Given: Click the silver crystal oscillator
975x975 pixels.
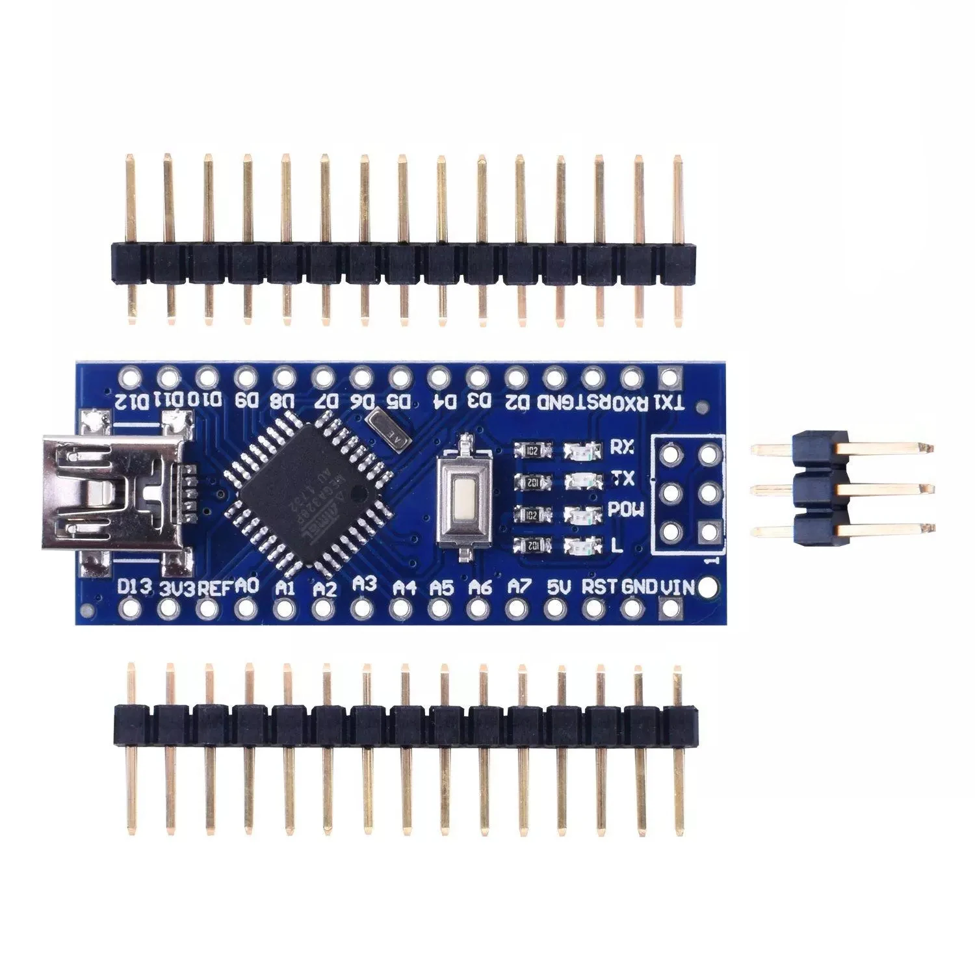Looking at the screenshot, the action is point(387,429).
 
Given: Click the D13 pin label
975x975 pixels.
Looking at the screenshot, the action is point(135,587).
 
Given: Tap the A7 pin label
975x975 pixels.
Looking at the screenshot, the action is point(518,588).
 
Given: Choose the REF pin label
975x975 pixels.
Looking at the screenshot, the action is point(214,588).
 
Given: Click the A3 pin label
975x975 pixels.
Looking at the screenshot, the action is point(365,584).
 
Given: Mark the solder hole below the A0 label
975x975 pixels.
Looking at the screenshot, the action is point(246,609).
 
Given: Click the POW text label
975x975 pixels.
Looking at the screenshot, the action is point(626,511).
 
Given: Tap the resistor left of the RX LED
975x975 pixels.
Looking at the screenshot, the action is point(532,449).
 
